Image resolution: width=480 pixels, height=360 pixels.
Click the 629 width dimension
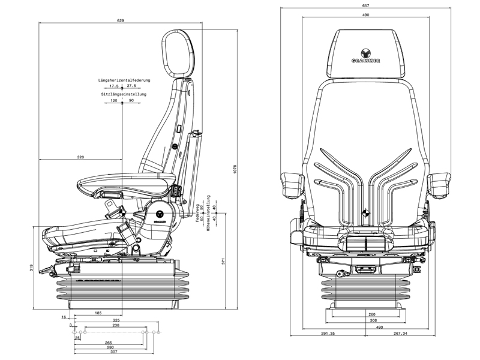coord(121,21)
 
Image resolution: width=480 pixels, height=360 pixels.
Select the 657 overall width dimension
coord(365,5)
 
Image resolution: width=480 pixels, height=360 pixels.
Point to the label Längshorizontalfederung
coord(125,80)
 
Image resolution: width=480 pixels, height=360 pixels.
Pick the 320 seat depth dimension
coord(80,157)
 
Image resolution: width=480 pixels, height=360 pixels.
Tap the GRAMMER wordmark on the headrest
coord(365,61)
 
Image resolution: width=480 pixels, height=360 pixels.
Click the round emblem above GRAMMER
coord(365,52)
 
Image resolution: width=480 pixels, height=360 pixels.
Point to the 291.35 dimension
coord(328,334)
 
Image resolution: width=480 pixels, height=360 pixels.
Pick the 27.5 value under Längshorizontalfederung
coord(131,86)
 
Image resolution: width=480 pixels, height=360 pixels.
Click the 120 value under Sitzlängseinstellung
coord(114,101)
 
